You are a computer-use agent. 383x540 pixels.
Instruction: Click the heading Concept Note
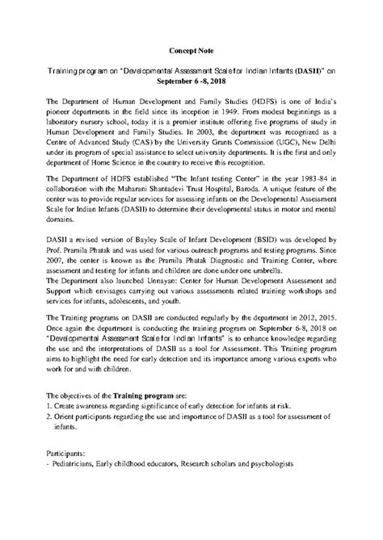pyautogui.click(x=191, y=50)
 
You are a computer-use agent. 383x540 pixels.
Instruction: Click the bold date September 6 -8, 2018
pyautogui.click(x=191, y=82)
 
